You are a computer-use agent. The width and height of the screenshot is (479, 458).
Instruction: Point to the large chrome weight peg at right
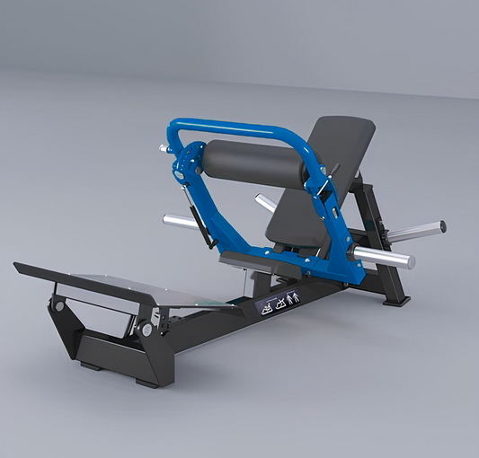pyautogui.click(x=383, y=257)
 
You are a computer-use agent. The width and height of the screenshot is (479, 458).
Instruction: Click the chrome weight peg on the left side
pyautogui.click(x=180, y=221)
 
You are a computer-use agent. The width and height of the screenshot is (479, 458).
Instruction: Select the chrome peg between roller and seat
pyautogui.click(x=266, y=203)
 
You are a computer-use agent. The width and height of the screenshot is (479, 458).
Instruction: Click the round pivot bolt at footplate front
pyautogui.click(x=146, y=330)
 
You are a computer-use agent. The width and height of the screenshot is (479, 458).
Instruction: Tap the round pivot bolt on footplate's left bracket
pyautogui.click(x=59, y=306)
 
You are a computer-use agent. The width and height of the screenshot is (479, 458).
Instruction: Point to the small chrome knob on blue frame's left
pyautogui.click(x=164, y=146)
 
